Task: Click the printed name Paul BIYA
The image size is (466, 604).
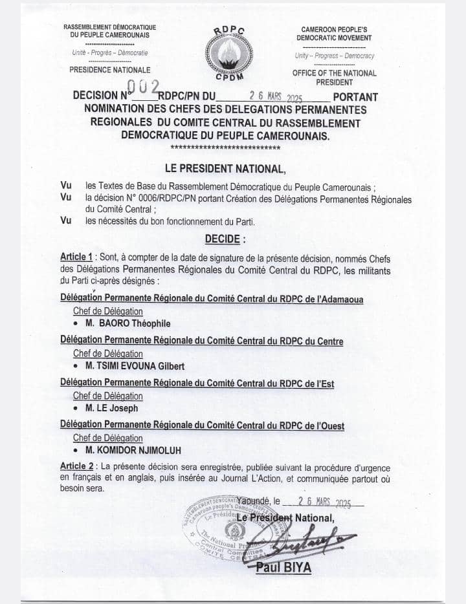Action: click(284, 568)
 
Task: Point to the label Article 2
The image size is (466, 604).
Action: click(78, 466)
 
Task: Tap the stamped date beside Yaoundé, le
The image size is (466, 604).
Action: click(324, 501)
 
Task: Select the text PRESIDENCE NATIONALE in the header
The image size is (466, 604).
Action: click(109, 70)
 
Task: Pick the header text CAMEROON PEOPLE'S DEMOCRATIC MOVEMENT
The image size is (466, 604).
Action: click(334, 34)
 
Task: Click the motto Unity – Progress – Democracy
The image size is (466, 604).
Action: click(334, 56)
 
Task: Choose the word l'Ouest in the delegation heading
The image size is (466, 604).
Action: click(327, 426)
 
